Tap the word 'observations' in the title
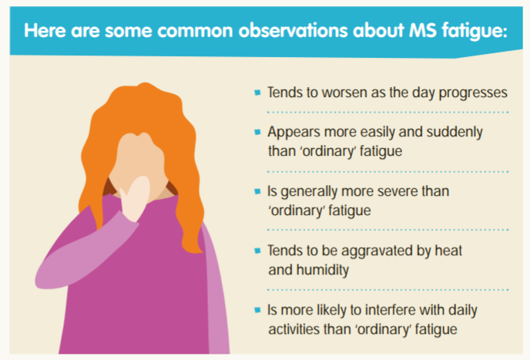click(x=293, y=31)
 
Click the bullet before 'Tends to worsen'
click(x=257, y=93)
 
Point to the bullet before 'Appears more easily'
click(x=257, y=132)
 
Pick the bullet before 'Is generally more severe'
click(x=257, y=191)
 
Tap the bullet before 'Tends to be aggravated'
click(x=257, y=251)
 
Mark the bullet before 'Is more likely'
click(x=257, y=310)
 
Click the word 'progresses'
click(x=473, y=93)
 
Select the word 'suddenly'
click(x=455, y=133)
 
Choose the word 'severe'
click(x=392, y=191)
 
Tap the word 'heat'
click(x=448, y=251)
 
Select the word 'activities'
click(x=294, y=329)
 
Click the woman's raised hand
click(x=136, y=199)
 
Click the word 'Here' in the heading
click(x=45, y=31)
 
